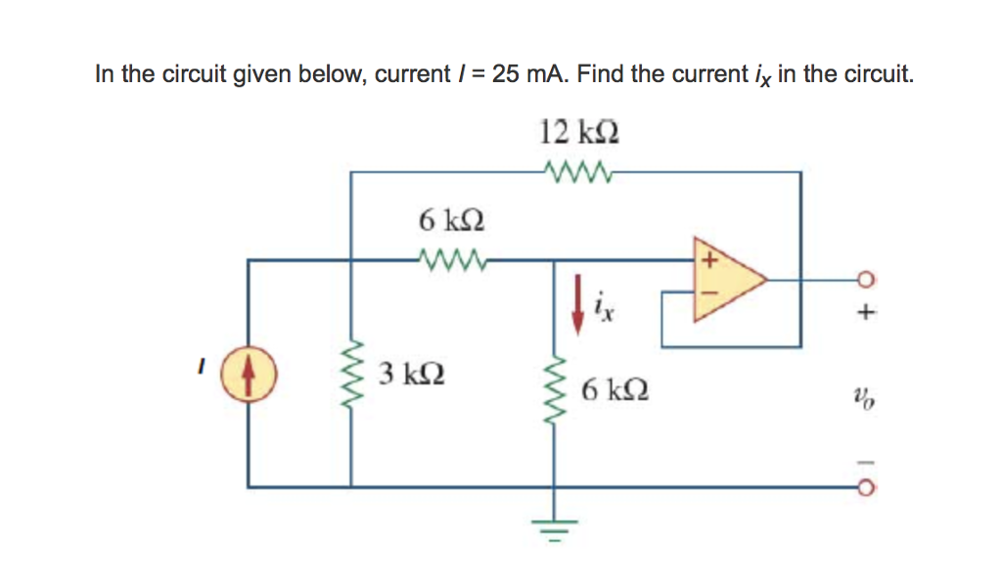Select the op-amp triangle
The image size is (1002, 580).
click(725, 279)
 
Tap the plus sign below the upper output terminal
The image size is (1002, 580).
click(862, 316)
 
